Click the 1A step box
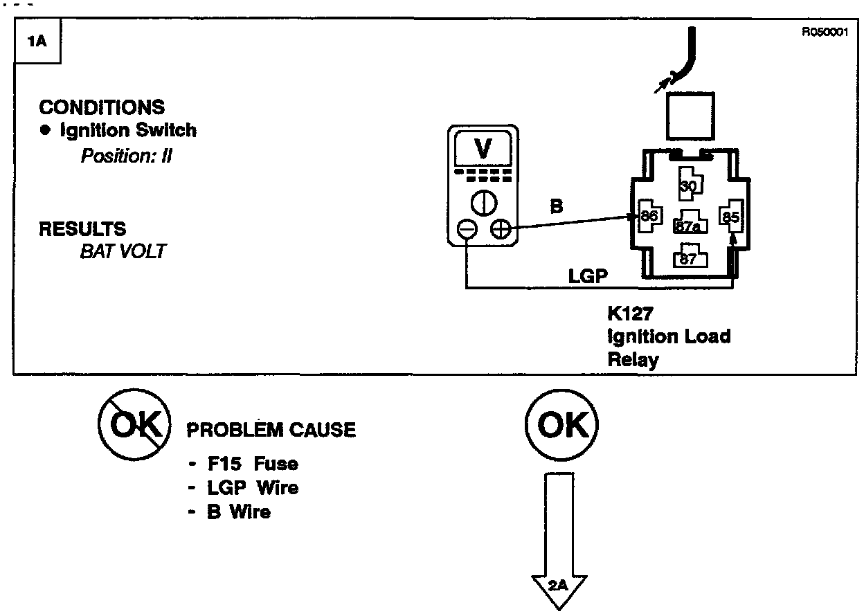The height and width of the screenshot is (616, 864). tap(37, 42)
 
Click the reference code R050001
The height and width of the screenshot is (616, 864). tap(825, 31)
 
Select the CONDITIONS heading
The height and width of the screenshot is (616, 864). tap(102, 107)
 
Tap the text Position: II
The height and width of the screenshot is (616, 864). tap(127, 156)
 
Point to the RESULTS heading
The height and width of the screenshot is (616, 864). tap(82, 228)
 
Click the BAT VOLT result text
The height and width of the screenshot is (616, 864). tap(123, 251)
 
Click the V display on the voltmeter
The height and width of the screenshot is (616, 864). tap(483, 148)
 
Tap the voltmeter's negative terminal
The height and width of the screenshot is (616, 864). tap(467, 228)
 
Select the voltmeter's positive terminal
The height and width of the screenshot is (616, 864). tap(500, 228)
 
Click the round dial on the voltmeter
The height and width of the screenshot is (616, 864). tap(483, 202)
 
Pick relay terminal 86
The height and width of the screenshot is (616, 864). tap(649, 217)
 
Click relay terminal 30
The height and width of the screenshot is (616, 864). tap(689, 185)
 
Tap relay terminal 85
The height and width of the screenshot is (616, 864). tap(731, 217)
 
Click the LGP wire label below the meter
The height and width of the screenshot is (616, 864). tap(588, 276)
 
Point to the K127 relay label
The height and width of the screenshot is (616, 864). tap(630, 314)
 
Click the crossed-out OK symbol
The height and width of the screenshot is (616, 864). tap(134, 425)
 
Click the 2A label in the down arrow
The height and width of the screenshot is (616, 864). tap(558, 586)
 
